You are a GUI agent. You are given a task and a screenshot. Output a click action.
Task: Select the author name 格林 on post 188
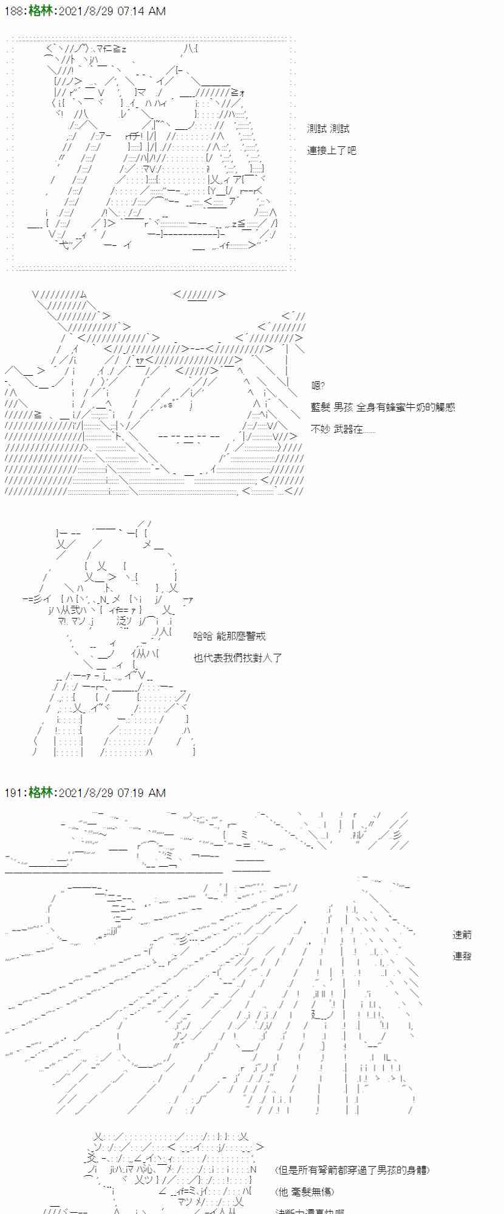click(x=40, y=11)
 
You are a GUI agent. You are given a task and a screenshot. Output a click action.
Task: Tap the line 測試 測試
click(x=328, y=129)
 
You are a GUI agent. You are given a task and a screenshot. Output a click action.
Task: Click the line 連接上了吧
click(x=332, y=150)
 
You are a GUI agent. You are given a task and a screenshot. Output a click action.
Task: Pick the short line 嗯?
click(x=318, y=385)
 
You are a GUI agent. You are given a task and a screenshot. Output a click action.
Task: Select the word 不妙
click(x=320, y=429)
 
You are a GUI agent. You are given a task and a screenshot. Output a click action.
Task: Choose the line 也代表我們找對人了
click(x=237, y=657)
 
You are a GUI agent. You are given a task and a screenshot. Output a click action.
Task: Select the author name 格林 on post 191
click(x=40, y=793)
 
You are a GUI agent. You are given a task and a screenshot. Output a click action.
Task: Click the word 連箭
click(x=462, y=935)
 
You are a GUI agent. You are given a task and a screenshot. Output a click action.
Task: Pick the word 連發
click(x=462, y=956)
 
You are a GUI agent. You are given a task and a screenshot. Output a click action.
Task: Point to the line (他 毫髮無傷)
click(x=305, y=1192)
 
